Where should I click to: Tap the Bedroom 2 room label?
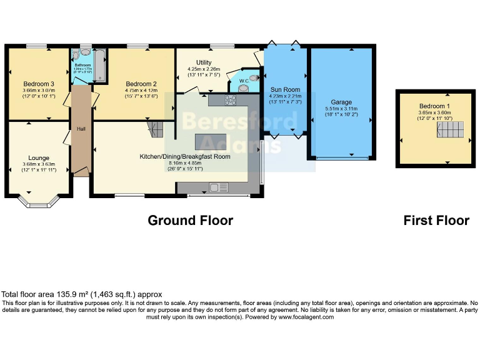point(141,84)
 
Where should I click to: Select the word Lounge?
point(39,158)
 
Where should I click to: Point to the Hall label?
point(81,129)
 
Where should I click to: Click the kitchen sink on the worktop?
point(219,187)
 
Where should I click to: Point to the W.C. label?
point(244,80)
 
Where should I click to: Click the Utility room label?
point(204,62)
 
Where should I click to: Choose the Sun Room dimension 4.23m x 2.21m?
point(285,96)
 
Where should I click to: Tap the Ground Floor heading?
point(190,221)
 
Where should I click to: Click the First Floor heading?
point(436,221)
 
